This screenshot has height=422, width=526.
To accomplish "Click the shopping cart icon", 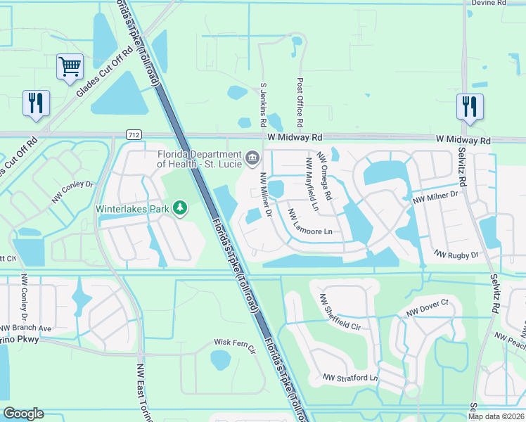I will click(x=70, y=68).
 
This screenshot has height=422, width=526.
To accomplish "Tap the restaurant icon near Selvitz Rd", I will click(x=470, y=107).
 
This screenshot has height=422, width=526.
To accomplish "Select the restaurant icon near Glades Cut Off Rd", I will click(x=35, y=103).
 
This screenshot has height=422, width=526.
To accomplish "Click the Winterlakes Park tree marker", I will click(x=181, y=208).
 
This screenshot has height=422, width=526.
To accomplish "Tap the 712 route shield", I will click(x=134, y=134).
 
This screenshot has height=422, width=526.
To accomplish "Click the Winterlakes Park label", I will click(x=133, y=209).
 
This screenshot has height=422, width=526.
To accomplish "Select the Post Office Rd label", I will click(x=300, y=103).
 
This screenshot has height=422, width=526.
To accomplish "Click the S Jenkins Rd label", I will click(x=264, y=104).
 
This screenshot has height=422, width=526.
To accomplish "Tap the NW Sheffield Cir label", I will click(x=340, y=313).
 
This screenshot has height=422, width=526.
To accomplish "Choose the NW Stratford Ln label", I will click(x=350, y=378).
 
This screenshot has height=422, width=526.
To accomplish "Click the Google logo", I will click(x=23, y=414).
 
